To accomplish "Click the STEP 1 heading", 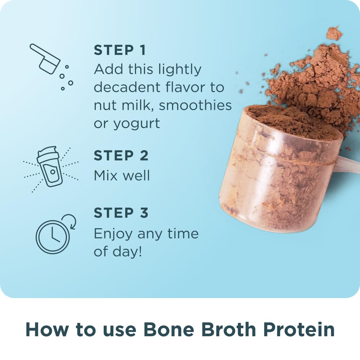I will (120, 50).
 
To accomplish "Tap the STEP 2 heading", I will (121, 156).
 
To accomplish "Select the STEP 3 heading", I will (121, 213).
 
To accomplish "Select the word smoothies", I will (195, 105).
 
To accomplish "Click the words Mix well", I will (122, 175).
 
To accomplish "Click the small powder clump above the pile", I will (334, 33).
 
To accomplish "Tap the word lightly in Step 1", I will (180, 69).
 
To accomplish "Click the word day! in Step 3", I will (128, 252).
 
